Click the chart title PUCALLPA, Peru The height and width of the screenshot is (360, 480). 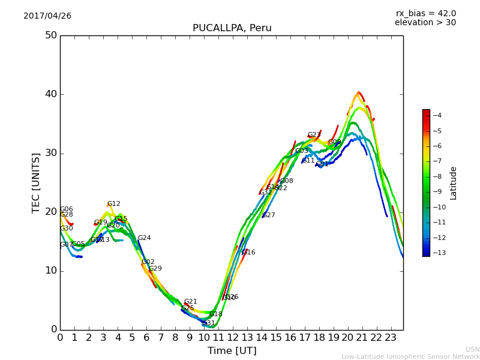tap(232, 28)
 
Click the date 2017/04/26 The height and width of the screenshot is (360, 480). tap(47, 16)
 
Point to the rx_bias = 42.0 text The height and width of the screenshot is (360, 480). tap(425, 13)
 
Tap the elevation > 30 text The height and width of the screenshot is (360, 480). tap(425, 23)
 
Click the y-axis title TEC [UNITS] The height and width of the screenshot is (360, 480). tap(37, 182)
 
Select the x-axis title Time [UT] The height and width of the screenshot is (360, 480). tap(232, 351)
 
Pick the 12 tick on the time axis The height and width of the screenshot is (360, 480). tap(232, 337)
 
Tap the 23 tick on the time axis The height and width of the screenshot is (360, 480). tap(391, 337)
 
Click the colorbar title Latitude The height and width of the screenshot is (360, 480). tap(454, 182)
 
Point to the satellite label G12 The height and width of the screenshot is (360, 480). tap(114, 204)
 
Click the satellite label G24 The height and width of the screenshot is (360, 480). tap(145, 238)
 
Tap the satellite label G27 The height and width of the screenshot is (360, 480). tap(269, 215)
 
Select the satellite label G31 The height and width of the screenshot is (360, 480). tap(209, 323)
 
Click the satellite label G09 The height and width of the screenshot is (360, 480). tap(334, 142)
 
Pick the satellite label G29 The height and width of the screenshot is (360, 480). tap(155, 269)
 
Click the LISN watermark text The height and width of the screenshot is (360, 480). tap(472, 349)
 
